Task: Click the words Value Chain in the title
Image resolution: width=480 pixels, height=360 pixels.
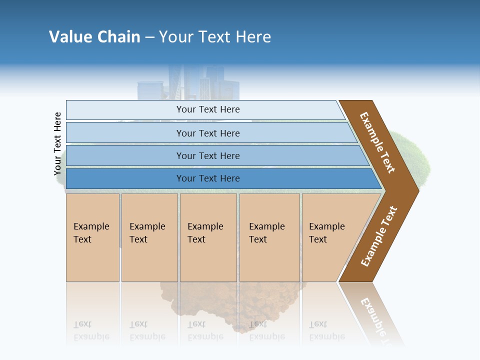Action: [94, 36]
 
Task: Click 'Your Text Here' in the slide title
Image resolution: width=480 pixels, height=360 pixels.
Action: [215, 36]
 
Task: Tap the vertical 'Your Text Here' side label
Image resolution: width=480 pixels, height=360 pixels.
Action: [57, 144]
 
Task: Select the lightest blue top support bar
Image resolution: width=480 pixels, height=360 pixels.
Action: [125, 110]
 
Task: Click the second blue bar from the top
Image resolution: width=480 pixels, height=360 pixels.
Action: [125, 132]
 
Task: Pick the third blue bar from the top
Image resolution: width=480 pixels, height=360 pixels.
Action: [125, 155]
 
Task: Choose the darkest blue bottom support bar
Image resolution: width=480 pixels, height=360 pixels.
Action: [125, 178]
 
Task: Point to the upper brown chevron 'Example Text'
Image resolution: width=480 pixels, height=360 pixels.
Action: [377, 142]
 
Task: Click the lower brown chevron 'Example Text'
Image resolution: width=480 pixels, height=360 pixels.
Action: [379, 236]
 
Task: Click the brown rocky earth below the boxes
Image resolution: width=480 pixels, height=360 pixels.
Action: [210, 305]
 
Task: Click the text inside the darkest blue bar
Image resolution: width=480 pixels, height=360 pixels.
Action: [208, 178]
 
